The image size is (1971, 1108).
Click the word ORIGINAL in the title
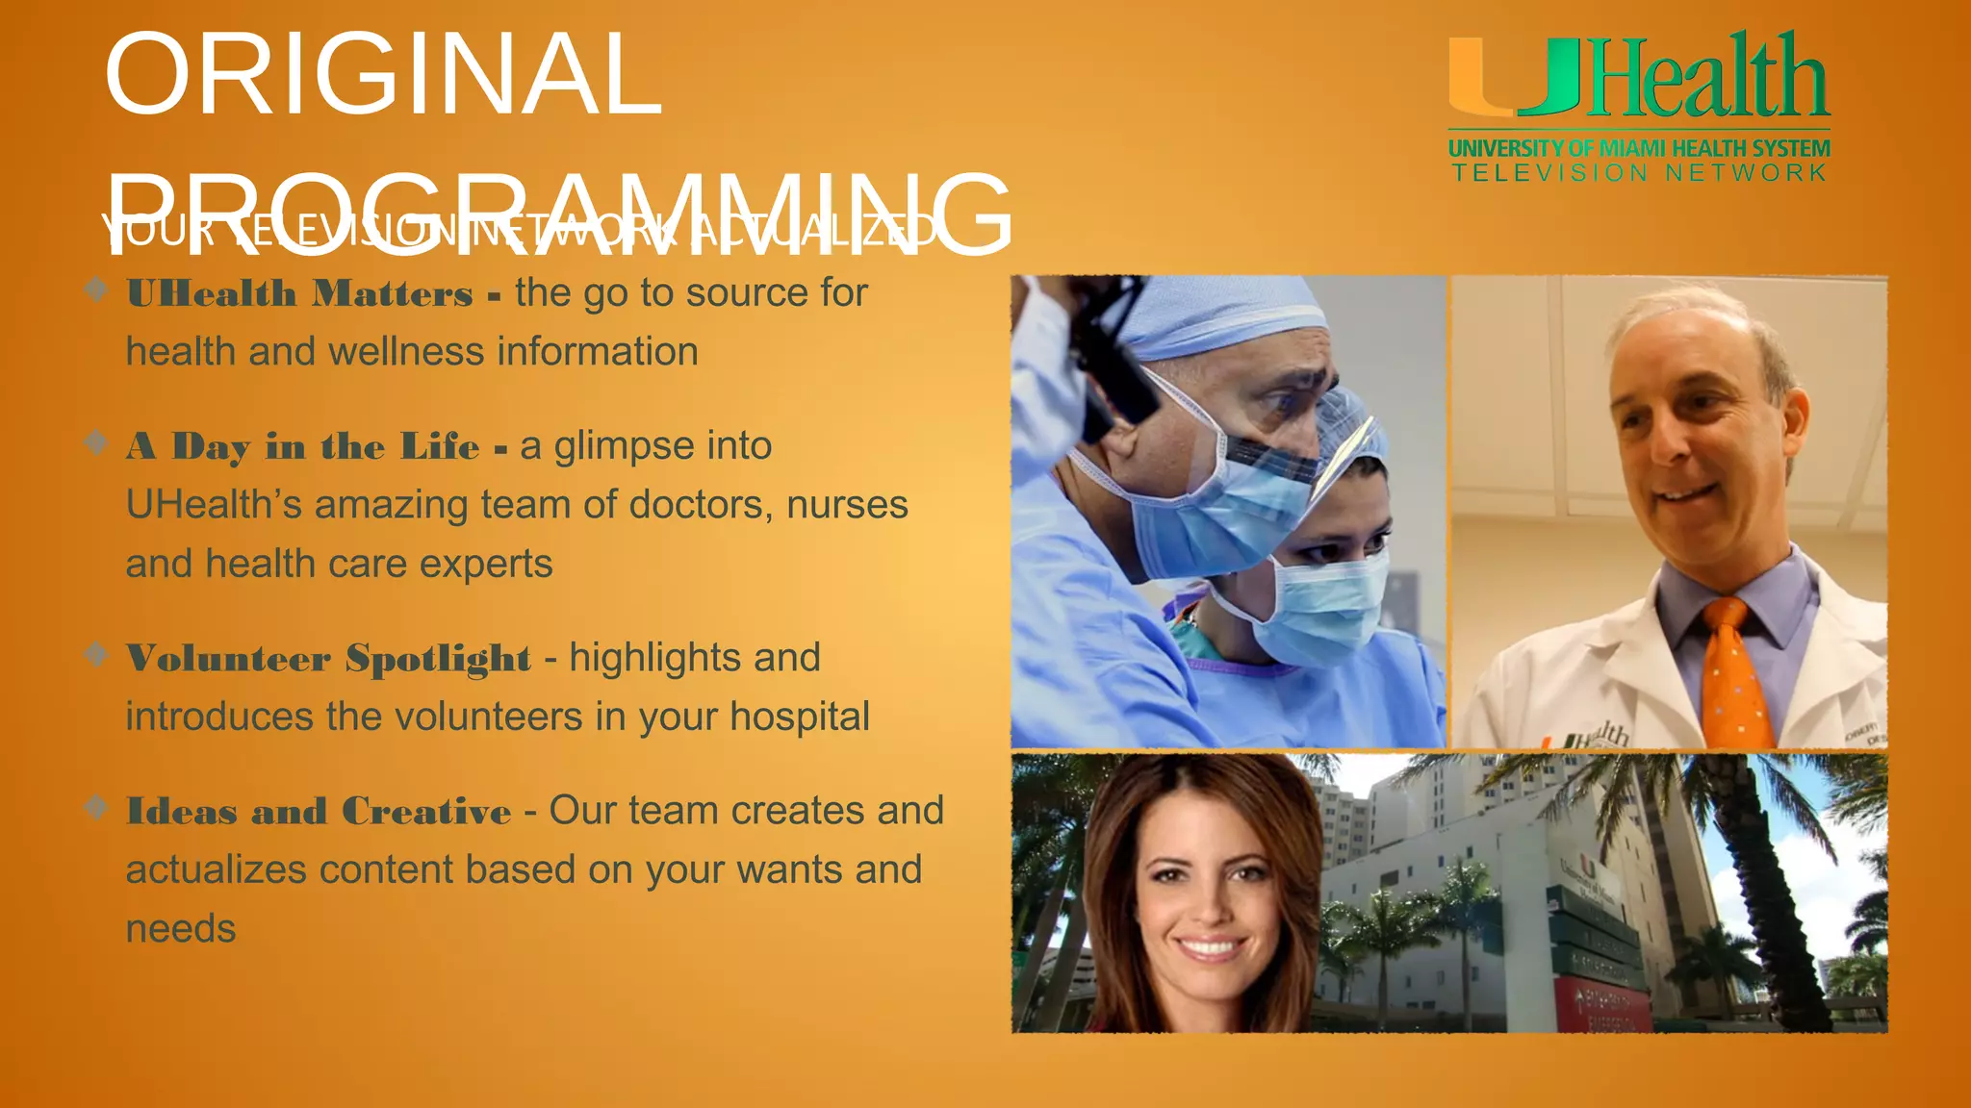[x=383, y=75]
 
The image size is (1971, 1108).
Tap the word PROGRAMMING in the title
[x=558, y=214]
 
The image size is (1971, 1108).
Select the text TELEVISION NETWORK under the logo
[x=1639, y=173]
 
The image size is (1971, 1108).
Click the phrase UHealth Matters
[x=299, y=293]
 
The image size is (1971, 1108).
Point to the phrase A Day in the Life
[x=302, y=447]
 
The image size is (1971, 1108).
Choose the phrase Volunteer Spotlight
[x=327, y=659]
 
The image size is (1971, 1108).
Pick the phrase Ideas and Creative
[x=319, y=812]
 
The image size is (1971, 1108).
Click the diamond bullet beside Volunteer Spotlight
[x=95, y=654]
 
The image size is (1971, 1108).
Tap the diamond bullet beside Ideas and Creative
[x=95, y=806]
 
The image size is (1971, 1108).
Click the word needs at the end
[x=181, y=929]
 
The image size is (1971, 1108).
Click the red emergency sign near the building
[x=1602, y=1005]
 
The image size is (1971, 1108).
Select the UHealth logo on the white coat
[x=1593, y=739]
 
